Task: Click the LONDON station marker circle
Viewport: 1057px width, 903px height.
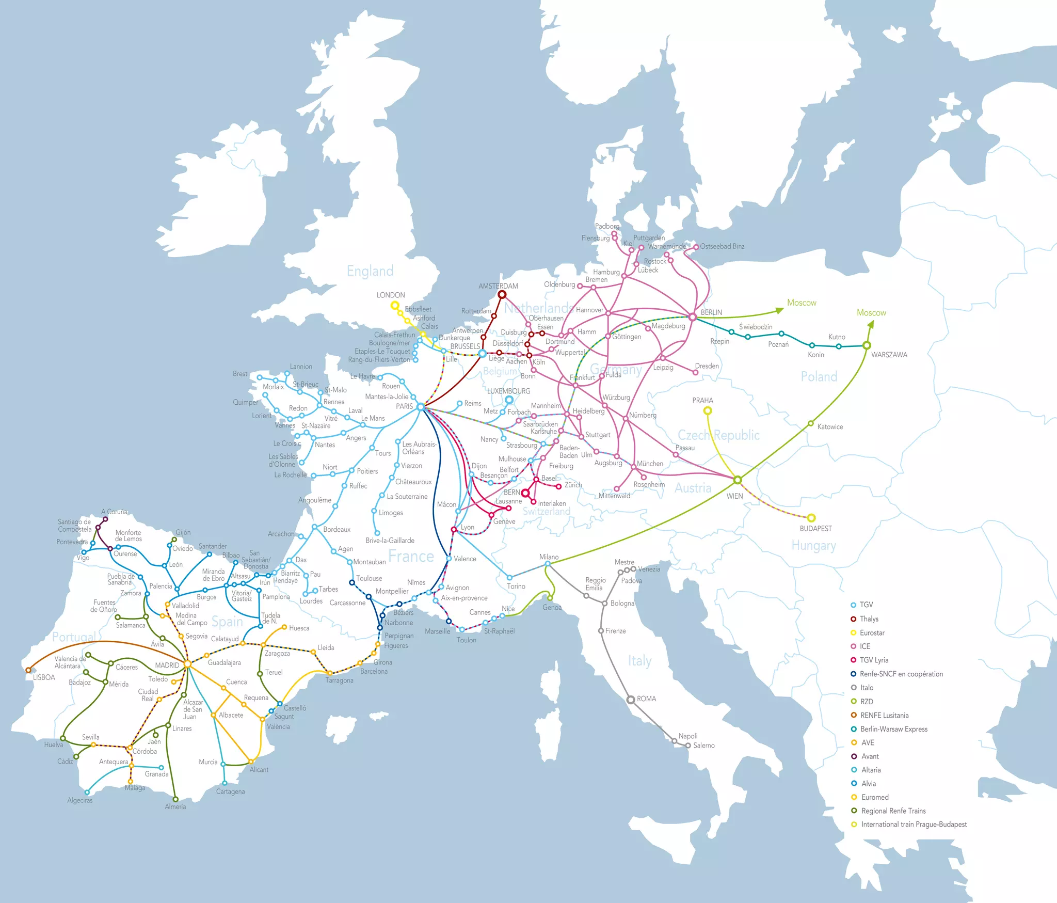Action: [x=395, y=305]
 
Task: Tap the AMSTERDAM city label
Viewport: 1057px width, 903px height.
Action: [x=498, y=286]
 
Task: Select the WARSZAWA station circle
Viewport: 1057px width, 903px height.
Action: [x=867, y=345]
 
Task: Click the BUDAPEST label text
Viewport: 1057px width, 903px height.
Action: [x=815, y=529]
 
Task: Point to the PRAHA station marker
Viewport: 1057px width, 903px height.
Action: [x=708, y=411]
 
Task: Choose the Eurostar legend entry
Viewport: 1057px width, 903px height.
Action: [x=872, y=632]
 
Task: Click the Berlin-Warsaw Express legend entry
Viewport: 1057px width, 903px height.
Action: [x=893, y=729]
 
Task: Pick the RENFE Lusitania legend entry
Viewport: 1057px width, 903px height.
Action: [x=884, y=715]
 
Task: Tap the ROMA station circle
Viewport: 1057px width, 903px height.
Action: [x=631, y=700]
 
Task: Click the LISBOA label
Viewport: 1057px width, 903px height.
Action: [x=44, y=677]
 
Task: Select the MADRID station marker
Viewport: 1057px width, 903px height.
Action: [x=187, y=664]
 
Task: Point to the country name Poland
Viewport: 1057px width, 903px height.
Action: [x=819, y=376]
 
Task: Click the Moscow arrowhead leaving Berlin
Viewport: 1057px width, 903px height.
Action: [x=780, y=311]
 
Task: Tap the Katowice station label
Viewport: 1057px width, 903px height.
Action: [x=830, y=427]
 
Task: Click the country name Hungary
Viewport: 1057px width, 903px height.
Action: [x=813, y=546]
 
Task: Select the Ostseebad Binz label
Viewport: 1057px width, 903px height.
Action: [x=722, y=246]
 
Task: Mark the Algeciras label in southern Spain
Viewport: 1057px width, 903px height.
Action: [x=80, y=800]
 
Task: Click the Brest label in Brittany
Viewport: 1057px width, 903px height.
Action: [x=240, y=374]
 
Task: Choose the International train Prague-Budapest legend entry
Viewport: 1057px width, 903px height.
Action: [x=914, y=825]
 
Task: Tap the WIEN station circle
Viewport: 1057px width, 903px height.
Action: [x=738, y=480]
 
